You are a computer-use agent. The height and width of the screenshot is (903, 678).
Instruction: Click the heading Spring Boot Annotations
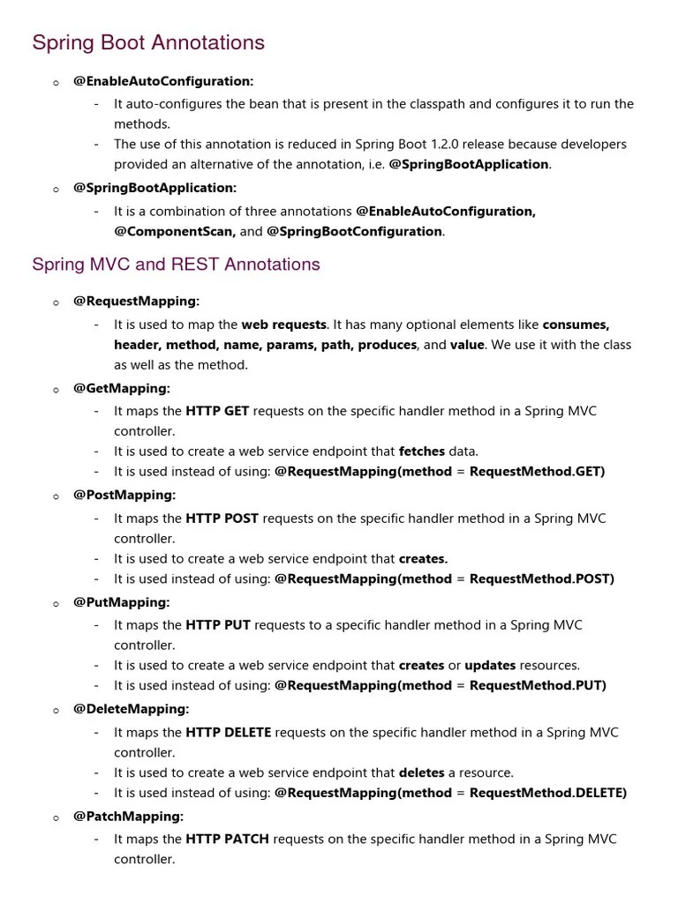148,42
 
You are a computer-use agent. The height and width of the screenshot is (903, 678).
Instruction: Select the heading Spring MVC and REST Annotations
176,264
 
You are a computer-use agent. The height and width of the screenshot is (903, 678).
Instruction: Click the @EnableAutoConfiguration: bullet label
163,81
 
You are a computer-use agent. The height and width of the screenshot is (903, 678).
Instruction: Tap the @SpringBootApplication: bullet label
154,188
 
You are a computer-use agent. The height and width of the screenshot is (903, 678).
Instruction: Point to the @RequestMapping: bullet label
136,302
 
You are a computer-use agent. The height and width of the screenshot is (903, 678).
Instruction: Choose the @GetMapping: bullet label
122,388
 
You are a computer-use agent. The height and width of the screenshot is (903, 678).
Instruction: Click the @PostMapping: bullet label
124,495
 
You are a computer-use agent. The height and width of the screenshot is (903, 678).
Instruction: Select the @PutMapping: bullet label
121,602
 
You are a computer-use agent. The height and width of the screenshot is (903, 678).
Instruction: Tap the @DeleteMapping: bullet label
131,709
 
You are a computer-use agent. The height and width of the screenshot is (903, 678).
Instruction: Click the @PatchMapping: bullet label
128,817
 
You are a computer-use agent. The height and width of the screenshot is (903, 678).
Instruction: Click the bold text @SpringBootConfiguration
354,231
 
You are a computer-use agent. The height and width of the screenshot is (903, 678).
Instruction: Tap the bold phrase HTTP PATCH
228,839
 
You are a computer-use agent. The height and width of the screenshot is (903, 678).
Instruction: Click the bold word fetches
422,451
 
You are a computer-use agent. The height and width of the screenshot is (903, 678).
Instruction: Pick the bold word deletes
422,772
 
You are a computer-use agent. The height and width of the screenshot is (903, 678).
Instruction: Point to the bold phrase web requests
284,325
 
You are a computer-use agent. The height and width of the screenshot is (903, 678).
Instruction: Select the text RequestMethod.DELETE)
548,793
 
